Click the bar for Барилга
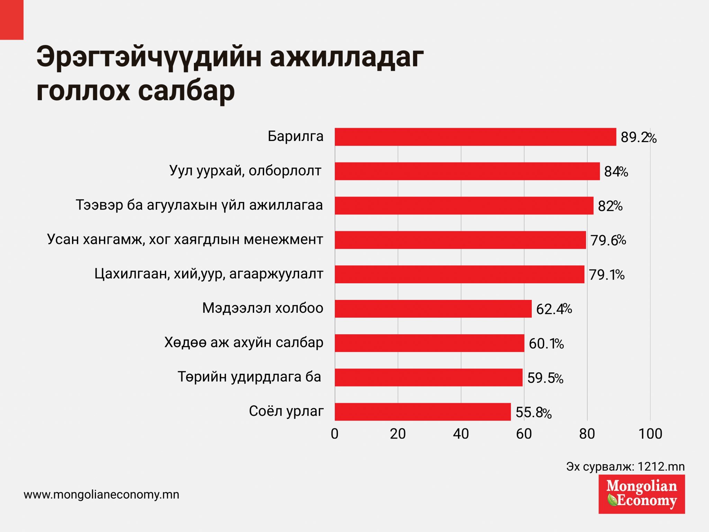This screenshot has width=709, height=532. (475, 137)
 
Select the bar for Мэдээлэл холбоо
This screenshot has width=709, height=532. (433, 309)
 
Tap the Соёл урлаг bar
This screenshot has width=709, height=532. (422, 411)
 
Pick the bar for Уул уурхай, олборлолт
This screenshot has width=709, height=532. (467, 171)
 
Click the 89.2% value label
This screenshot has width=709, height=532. (638, 138)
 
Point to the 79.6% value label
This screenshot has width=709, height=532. (608, 240)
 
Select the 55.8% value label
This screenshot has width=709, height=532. (533, 412)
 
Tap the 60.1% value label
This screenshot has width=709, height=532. (546, 344)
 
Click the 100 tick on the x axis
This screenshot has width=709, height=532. (650, 434)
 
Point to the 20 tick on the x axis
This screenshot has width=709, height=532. (397, 434)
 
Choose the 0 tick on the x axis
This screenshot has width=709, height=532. (334, 434)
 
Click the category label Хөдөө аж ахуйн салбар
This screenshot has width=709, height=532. (244, 343)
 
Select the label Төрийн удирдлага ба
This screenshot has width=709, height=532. (249, 377)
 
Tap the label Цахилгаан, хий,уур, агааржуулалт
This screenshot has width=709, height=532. (209, 274)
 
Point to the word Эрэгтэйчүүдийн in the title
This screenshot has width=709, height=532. (149, 57)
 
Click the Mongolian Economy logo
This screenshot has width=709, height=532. (641, 494)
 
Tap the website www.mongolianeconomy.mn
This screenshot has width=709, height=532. (101, 495)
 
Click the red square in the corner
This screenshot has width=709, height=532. (11, 19)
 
